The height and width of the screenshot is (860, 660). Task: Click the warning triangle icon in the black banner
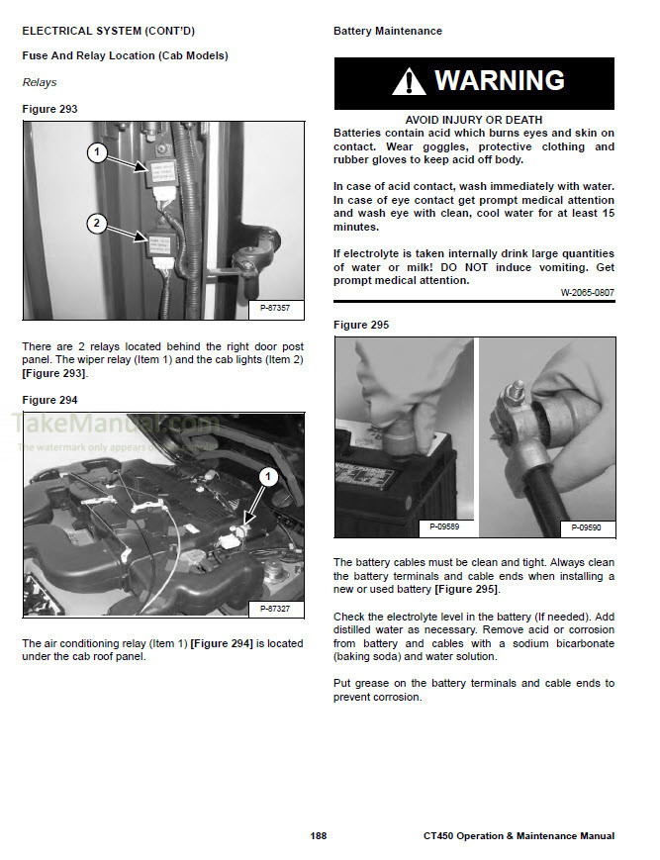pyautogui.click(x=409, y=82)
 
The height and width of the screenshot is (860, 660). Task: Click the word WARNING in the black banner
pyautogui.click(x=500, y=81)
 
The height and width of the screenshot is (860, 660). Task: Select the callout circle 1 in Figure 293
pyautogui.click(x=96, y=152)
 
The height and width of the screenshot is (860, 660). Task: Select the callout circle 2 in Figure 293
pyautogui.click(x=96, y=224)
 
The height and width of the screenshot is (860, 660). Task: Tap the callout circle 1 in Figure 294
pyautogui.click(x=265, y=477)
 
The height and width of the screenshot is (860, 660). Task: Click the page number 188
pyautogui.click(x=318, y=836)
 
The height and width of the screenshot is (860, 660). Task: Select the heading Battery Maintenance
pyautogui.click(x=388, y=32)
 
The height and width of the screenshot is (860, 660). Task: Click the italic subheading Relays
pyautogui.click(x=40, y=83)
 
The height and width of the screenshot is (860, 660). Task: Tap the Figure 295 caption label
pyautogui.click(x=361, y=325)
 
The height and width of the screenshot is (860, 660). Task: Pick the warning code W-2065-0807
pyautogui.click(x=587, y=292)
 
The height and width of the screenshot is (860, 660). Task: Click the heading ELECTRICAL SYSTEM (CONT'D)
pyautogui.click(x=108, y=32)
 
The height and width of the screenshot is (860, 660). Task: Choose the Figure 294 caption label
pyautogui.click(x=49, y=400)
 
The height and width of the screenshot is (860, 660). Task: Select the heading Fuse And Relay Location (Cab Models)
pyautogui.click(x=125, y=56)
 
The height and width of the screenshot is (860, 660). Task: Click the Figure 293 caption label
pyautogui.click(x=49, y=109)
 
